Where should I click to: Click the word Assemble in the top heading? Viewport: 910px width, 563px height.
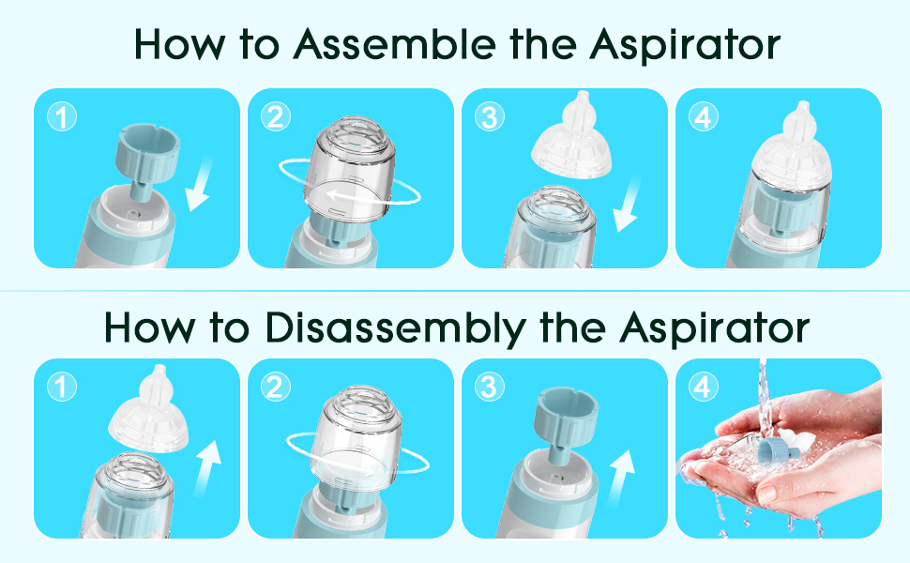(x=395, y=44)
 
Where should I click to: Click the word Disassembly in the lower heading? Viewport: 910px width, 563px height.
(x=396, y=327)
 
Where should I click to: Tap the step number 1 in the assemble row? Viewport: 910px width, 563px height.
(x=62, y=117)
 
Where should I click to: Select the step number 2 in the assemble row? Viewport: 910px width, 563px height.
(x=275, y=117)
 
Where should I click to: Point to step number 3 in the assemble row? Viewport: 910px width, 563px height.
(x=489, y=117)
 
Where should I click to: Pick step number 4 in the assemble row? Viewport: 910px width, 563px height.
(x=703, y=117)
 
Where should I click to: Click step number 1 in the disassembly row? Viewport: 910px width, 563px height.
(x=62, y=388)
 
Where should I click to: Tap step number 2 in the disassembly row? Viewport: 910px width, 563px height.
(x=275, y=388)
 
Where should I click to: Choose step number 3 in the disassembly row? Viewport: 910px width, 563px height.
(x=489, y=388)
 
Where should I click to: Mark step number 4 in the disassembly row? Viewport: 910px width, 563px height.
(x=703, y=388)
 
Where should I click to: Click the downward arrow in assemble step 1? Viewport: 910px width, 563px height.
(x=200, y=185)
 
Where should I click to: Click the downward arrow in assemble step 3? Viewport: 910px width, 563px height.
(x=628, y=205)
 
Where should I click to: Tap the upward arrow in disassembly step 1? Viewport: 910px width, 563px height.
(x=206, y=469)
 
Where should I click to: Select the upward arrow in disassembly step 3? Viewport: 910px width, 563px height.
(x=620, y=479)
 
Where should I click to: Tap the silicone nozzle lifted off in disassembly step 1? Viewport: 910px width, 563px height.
(x=148, y=410)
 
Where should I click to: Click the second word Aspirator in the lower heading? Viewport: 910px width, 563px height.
(x=715, y=328)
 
